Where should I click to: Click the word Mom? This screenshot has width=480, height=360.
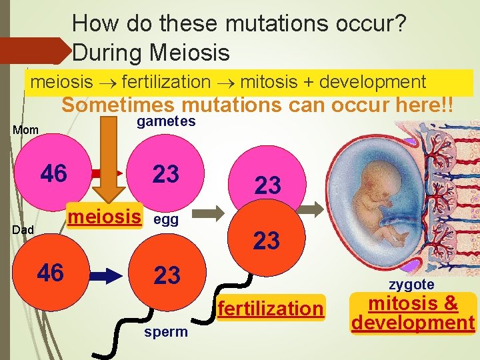[26, 129]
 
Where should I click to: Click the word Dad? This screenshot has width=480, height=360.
[25, 229]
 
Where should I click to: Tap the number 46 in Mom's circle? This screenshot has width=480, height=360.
[53, 173]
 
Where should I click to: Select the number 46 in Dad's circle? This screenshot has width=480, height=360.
[51, 273]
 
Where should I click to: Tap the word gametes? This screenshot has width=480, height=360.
[166, 121]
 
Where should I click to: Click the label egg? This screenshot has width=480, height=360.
[166, 220]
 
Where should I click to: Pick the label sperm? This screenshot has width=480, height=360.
[166, 332]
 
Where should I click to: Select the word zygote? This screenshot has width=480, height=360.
[411, 285]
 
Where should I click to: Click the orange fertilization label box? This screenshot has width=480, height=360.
[269, 308]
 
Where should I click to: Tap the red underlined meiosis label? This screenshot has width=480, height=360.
[105, 217]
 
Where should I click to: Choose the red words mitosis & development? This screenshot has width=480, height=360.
[413, 313]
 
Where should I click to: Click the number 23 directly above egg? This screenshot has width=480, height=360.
[166, 174]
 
